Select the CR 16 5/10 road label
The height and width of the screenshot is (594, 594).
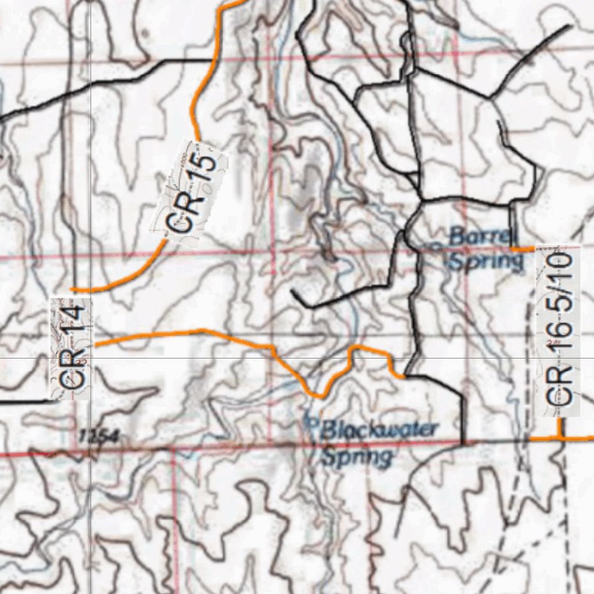point(559,330)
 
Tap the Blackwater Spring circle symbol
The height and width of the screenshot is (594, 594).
point(309,421)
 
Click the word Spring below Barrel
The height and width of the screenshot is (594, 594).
point(486,262)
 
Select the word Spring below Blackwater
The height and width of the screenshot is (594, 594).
point(357,457)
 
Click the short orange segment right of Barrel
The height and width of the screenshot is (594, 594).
point(522,248)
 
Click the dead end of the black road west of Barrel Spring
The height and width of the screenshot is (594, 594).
point(294,292)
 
